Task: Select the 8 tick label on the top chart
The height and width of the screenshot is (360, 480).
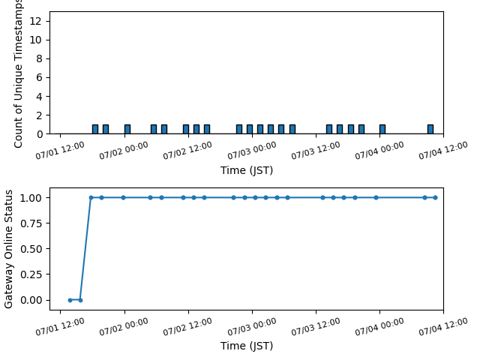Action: coord(39,58)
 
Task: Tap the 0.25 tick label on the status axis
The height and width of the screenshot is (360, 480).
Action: coord(31,274)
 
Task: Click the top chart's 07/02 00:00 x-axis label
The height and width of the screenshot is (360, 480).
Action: coord(124,151)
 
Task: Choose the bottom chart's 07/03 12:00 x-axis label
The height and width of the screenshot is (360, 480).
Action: coord(316,327)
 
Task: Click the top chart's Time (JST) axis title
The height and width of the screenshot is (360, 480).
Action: coord(247,170)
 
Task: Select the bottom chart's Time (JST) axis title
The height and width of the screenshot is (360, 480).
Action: coord(247,346)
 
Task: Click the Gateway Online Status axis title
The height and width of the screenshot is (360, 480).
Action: coord(8,249)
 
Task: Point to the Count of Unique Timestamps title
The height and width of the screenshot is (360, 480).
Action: coord(18,73)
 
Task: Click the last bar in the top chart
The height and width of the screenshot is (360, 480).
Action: coord(430,129)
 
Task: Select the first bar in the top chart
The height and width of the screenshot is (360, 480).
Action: coord(95,129)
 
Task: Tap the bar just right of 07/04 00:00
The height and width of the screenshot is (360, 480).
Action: coord(382,129)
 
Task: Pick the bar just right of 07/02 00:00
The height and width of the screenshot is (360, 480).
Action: coord(127,129)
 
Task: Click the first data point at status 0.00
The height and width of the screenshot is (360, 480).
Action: coord(70,300)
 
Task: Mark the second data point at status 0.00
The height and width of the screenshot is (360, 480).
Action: coord(80,300)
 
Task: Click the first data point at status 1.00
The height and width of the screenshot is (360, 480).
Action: coord(91,198)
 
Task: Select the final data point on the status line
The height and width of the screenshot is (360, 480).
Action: coord(435,198)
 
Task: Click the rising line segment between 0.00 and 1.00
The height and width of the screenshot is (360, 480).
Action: coord(85,249)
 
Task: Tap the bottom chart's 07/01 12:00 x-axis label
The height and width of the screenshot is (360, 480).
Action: coord(60,327)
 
